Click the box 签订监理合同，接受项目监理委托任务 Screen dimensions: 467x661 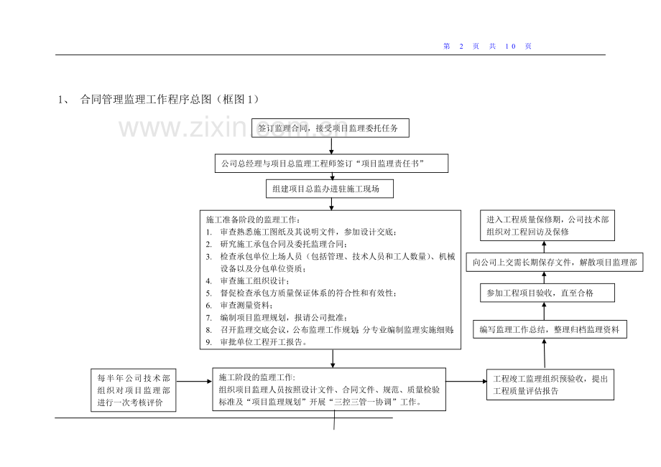coord(333,128)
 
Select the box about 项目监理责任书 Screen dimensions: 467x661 coord(331,164)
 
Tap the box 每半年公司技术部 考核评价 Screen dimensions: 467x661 coord(134,390)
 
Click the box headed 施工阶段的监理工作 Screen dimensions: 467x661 coord(329,390)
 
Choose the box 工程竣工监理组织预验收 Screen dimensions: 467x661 coord(550,385)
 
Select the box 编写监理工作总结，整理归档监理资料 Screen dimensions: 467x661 coord(550,329)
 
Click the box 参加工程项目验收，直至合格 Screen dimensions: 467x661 coord(544,293)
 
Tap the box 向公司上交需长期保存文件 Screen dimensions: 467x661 coord(553,262)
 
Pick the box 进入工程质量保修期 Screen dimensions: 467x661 coord(547,225)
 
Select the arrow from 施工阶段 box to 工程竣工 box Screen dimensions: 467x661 coord(466,380)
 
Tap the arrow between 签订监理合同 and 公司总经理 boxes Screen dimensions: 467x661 coord(331,146)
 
